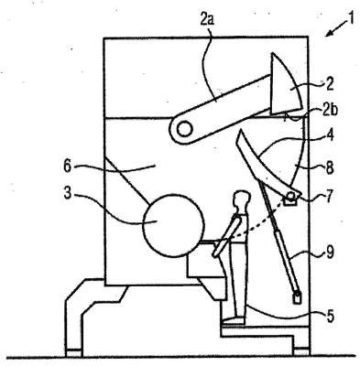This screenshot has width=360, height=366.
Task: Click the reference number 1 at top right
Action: point(351,18)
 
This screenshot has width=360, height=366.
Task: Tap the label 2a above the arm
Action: point(206,20)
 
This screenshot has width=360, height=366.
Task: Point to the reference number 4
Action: point(329,135)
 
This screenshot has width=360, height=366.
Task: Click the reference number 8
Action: point(330,167)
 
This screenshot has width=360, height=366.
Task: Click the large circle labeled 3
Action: point(173,225)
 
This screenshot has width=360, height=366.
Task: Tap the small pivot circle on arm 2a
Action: point(184,130)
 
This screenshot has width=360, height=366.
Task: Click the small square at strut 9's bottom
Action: point(297,297)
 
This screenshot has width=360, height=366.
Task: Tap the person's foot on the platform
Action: point(234,320)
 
